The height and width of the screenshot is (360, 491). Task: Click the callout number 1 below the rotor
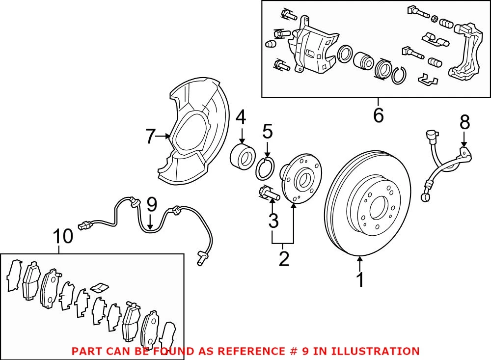(360, 280)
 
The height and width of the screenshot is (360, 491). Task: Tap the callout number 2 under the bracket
(284, 258)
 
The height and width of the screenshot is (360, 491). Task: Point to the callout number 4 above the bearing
(241, 118)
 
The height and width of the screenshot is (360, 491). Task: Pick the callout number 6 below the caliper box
(378, 115)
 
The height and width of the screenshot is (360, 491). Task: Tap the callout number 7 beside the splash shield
(150, 137)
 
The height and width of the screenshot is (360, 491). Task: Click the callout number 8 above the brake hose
(465, 122)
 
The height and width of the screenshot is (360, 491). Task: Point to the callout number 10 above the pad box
(63, 236)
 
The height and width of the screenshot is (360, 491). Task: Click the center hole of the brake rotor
(378, 208)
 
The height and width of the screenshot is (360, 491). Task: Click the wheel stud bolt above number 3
(268, 194)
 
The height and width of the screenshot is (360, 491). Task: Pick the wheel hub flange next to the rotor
(300, 178)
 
